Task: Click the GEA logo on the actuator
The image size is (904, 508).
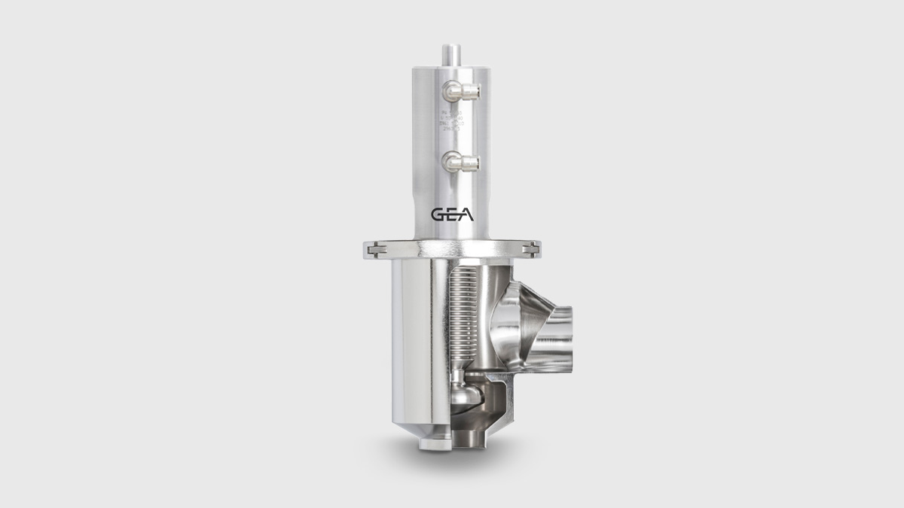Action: [452, 214]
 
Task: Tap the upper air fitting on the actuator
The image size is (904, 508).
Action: [460, 93]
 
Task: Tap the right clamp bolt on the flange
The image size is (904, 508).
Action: [532, 248]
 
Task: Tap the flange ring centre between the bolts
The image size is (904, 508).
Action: [452, 248]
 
